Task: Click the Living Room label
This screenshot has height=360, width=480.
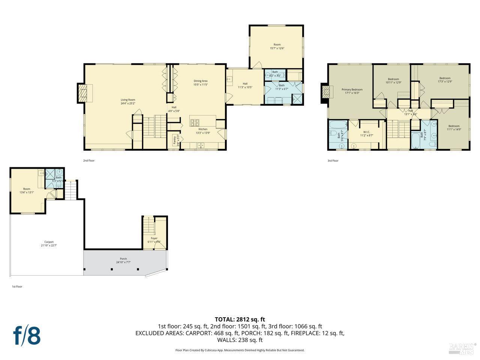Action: pyautogui.click(x=128, y=100)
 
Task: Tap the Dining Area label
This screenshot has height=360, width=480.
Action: pyautogui.click(x=200, y=81)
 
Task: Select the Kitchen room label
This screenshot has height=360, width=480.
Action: pyautogui.click(x=203, y=129)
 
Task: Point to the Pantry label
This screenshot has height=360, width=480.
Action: pyautogui.click(x=174, y=140)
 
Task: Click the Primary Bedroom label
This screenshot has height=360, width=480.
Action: pyautogui.click(x=352, y=90)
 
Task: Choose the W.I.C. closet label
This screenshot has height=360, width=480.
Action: pyautogui.click(x=366, y=132)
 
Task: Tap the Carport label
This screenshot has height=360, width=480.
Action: pyautogui.click(x=49, y=242)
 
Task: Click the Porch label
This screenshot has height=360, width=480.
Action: pyautogui.click(x=123, y=259)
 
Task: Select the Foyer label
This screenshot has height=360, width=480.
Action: pyautogui.click(x=154, y=238)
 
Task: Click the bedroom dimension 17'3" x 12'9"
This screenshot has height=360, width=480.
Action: pyautogui.click(x=445, y=82)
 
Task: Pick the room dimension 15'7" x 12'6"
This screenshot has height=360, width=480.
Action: pyautogui.click(x=277, y=48)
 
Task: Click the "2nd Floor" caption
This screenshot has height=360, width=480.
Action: pyautogui.click(x=89, y=160)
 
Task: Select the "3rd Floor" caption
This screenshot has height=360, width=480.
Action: pyautogui.click(x=333, y=160)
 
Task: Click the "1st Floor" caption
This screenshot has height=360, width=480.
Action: pyautogui.click(x=17, y=286)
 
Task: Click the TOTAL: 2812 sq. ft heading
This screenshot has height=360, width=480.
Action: pyautogui.click(x=240, y=319)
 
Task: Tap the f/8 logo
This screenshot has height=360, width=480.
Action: pyautogui.click(x=27, y=336)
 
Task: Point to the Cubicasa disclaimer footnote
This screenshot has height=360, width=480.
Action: pyautogui.click(x=240, y=350)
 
